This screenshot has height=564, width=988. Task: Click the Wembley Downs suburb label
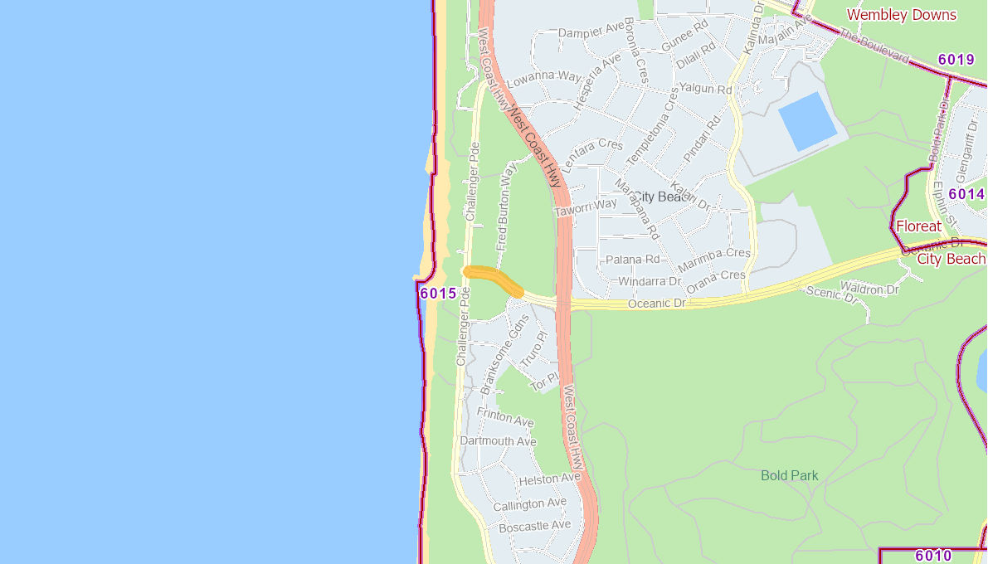(x=901, y=15)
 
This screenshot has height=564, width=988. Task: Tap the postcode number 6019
(x=956, y=60)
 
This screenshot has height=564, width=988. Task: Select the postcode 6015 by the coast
(x=438, y=294)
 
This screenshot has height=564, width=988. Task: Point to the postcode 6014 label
(x=966, y=194)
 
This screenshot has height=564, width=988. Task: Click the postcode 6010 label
(x=933, y=556)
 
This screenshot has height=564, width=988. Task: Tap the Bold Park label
(x=790, y=476)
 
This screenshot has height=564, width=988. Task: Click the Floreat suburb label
(x=918, y=226)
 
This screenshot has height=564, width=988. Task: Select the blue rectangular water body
(x=807, y=121)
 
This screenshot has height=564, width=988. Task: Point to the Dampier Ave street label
(x=591, y=31)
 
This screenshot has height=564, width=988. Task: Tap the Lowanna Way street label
(x=544, y=79)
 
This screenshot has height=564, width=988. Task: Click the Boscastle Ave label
(x=535, y=526)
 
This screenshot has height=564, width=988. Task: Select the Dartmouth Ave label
(x=498, y=441)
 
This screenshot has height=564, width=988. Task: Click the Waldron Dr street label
(x=869, y=289)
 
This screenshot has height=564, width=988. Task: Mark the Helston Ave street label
(x=549, y=479)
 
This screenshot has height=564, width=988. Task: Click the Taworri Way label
(x=586, y=207)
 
